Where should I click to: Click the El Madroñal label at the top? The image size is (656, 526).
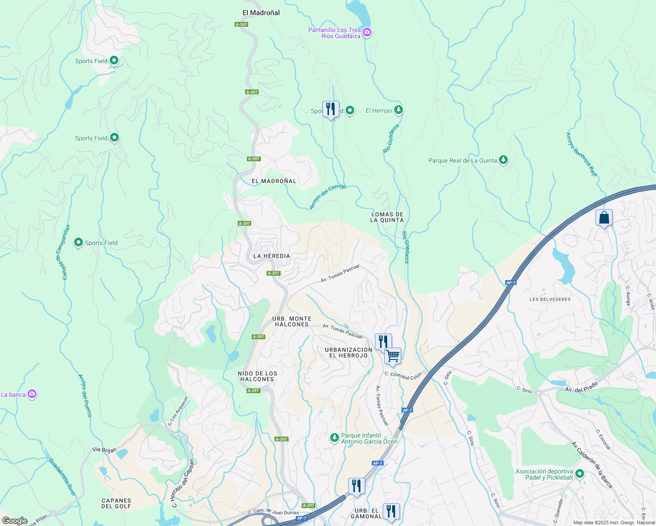261,13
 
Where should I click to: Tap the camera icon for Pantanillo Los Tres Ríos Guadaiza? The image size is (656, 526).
367,32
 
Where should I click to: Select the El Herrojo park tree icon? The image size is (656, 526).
398,110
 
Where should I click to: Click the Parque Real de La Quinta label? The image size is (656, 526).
463,160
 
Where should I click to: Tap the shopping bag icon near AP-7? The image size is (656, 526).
604,217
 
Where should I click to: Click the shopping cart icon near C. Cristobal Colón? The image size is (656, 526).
392,356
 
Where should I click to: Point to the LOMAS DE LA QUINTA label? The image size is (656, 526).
387,217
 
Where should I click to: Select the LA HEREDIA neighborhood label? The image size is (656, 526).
271,256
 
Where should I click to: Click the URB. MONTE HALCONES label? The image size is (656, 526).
292,322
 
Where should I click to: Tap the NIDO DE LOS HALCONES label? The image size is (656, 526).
257,376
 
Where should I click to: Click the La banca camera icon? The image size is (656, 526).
32,394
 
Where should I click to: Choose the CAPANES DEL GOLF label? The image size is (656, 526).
116,503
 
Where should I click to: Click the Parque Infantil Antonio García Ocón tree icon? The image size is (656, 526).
335,437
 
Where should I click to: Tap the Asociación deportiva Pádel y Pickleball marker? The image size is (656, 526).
580,474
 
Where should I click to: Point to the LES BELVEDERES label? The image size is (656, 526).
550,299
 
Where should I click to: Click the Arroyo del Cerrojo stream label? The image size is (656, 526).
328,196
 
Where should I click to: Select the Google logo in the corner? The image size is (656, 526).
14,521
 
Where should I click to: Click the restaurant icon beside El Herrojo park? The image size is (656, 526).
331,109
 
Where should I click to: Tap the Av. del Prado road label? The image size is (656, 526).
581,387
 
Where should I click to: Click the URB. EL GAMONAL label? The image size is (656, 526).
367,514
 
